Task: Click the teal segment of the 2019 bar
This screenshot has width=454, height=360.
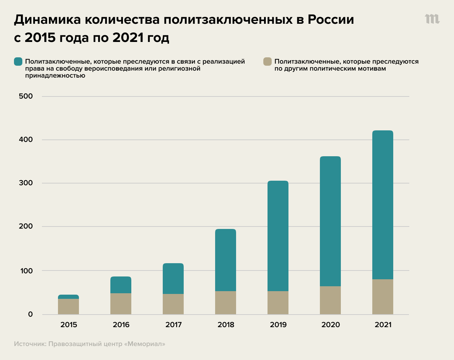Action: point(278,236)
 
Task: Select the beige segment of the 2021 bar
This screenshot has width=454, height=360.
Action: point(383,297)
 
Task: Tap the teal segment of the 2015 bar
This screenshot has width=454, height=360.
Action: point(68,297)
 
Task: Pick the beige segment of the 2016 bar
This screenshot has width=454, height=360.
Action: point(121,304)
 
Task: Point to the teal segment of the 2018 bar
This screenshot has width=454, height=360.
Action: point(226,260)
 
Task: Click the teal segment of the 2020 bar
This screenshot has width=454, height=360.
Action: point(330,221)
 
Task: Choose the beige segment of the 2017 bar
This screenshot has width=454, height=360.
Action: point(173,304)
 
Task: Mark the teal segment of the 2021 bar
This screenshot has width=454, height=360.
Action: point(383,205)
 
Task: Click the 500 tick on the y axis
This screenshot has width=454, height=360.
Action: point(26,96)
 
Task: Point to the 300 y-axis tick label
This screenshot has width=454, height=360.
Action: point(26,183)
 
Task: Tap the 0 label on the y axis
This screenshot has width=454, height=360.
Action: point(30,314)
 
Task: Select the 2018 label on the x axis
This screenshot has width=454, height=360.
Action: point(226,325)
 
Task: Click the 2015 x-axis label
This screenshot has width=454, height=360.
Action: point(69,325)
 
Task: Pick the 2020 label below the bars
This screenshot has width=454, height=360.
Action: point(331,325)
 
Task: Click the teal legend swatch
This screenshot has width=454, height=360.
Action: point(18,62)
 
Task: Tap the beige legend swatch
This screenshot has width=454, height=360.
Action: point(268,62)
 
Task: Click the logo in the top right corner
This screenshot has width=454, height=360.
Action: point(432,19)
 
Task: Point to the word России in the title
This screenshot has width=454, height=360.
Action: point(331,20)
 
